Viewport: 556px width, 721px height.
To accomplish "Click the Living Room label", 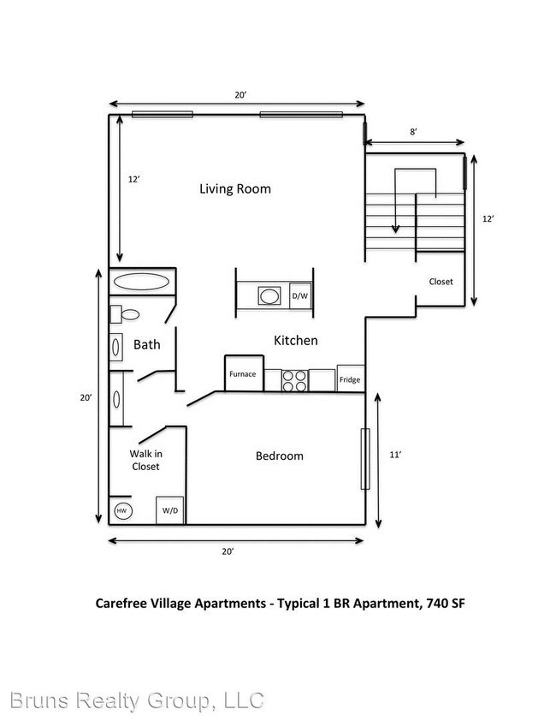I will pyautogui.click(x=235, y=188).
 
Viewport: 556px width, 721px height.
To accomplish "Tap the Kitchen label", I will pyautogui.click(x=295, y=341).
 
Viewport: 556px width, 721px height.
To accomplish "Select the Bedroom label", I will pyautogui.click(x=280, y=456).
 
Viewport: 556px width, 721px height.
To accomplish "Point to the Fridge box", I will pyautogui.click(x=350, y=378).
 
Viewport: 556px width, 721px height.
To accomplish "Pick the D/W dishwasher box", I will pyautogui.click(x=300, y=296).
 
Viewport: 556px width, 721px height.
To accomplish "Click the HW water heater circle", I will pyautogui.click(x=121, y=511).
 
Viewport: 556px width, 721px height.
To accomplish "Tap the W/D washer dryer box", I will pyautogui.click(x=170, y=510).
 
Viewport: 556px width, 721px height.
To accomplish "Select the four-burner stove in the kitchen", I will pyautogui.click(x=295, y=379).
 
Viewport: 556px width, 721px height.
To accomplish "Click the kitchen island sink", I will pyautogui.click(x=269, y=296).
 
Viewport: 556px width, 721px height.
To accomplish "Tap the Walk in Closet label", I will pyautogui.click(x=145, y=460).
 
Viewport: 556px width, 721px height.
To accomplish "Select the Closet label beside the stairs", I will pyautogui.click(x=441, y=281).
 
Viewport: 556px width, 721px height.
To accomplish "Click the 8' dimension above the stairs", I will pyautogui.click(x=413, y=132).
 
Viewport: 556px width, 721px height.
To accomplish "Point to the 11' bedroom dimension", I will pyautogui.click(x=394, y=456).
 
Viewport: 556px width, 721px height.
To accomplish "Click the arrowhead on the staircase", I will pyautogui.click(x=395, y=228).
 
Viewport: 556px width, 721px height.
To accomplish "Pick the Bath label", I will pyautogui.click(x=146, y=345).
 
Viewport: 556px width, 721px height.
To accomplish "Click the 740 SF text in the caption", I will pyautogui.click(x=444, y=603).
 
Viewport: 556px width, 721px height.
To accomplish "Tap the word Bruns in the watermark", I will pyautogui.click(x=37, y=700).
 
